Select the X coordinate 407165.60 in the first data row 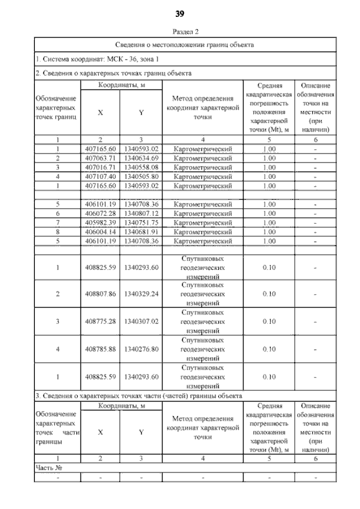(x=100, y=148)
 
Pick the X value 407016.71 (x=100, y=167)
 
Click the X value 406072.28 (x=100, y=213)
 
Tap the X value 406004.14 (x=100, y=231)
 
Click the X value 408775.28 (x=100, y=321)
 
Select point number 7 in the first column (x=58, y=222)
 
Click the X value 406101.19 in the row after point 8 (x=100, y=241)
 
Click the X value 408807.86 (x=100, y=294)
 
